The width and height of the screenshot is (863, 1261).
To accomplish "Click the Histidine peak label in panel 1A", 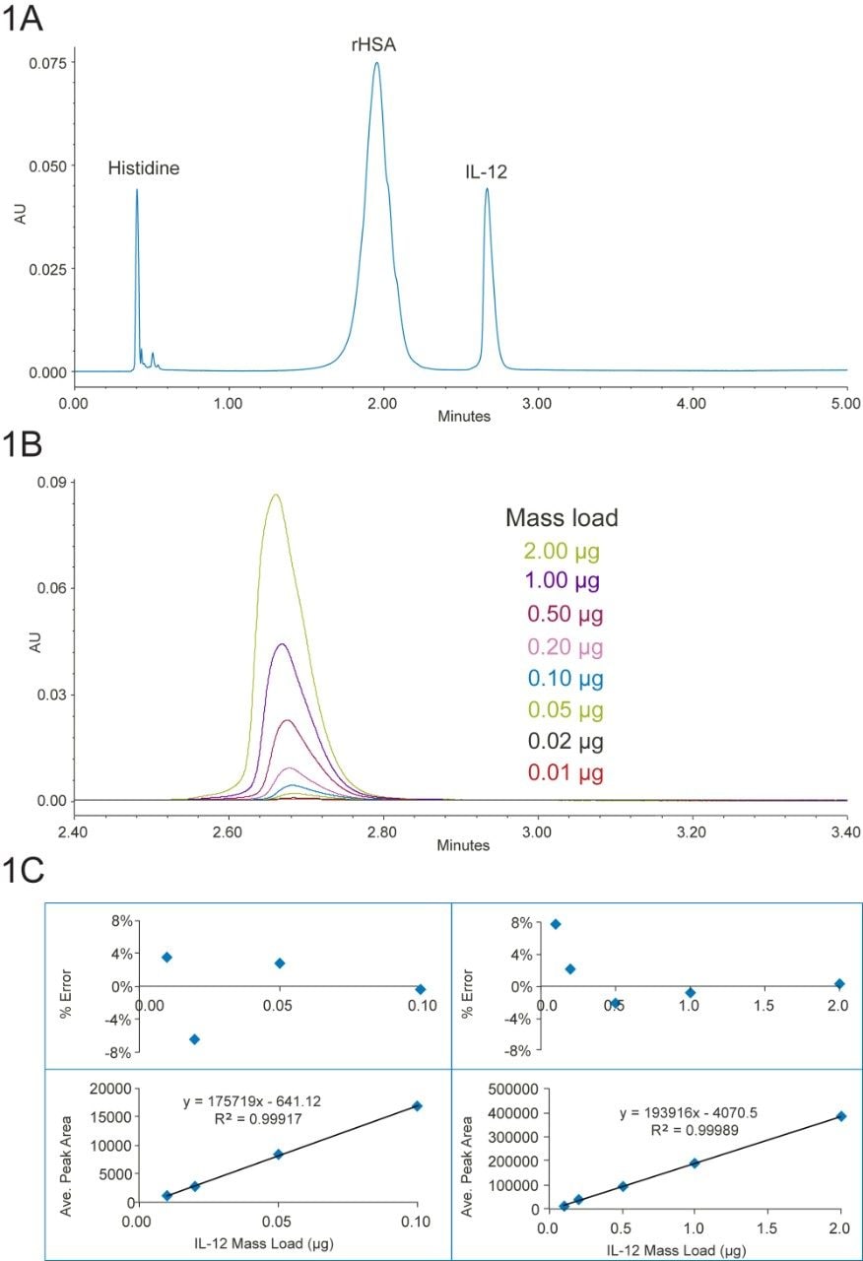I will (144, 168).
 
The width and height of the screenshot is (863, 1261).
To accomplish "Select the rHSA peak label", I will (375, 44).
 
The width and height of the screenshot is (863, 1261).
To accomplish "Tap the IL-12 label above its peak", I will (487, 172).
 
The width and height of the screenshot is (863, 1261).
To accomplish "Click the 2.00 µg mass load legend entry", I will (564, 550).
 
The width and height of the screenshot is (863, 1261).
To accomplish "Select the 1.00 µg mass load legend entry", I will (564, 581).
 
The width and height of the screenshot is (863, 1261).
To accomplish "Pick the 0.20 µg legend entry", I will (564, 647).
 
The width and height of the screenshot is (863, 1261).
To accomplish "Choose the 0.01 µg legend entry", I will (564, 772).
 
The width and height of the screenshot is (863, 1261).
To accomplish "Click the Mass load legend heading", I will (562, 517).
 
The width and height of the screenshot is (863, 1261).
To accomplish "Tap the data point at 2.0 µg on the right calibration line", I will (840, 1116).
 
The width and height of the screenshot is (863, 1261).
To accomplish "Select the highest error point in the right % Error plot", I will (556, 924).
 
